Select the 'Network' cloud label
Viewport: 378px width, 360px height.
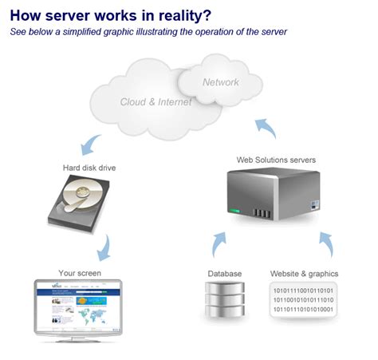tap(221, 82)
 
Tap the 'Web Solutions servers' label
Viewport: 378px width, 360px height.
tap(276, 160)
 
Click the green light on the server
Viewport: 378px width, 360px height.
tap(234, 212)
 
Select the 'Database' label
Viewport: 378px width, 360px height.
tap(225, 274)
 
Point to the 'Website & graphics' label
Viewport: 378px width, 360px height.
tap(304, 274)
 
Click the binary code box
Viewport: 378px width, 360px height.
tap(304, 300)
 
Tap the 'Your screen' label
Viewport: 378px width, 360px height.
tap(81, 272)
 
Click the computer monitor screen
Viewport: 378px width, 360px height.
tap(79, 305)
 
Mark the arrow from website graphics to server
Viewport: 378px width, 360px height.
tap(325, 243)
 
